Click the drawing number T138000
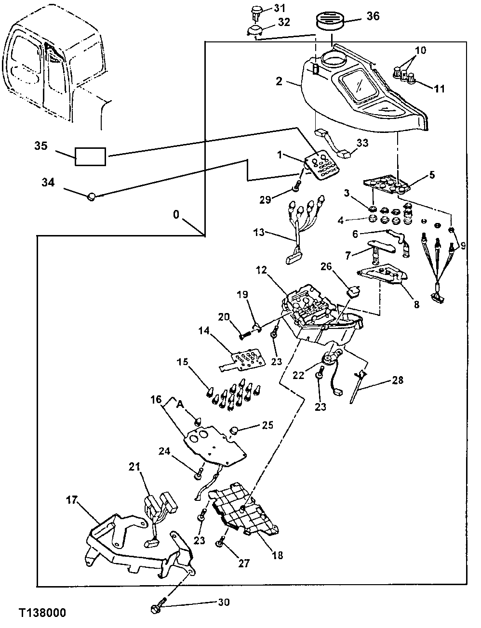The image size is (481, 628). [x=42, y=613]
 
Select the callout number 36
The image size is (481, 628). [x=373, y=16]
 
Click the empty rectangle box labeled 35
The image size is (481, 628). [x=91, y=157]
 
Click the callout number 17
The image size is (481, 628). [x=71, y=500]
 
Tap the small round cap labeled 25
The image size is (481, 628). [x=235, y=430]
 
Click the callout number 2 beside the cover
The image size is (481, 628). [x=279, y=82]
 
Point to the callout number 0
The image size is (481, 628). [x=176, y=214]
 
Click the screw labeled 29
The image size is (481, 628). [x=296, y=186]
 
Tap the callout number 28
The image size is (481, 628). [x=398, y=380]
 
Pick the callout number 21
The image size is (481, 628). [x=134, y=466]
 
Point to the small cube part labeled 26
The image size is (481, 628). [x=354, y=292]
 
